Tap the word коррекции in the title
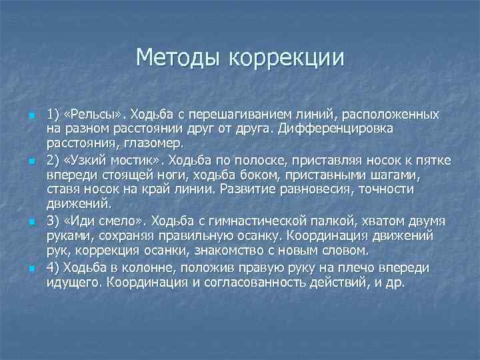pyautogui.click(x=287, y=58)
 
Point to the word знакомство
pyautogui.click(x=213, y=251)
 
